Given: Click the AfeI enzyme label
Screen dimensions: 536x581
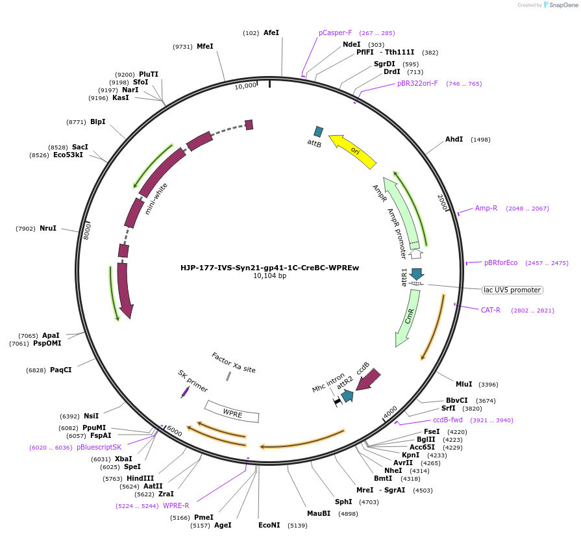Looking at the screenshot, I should pyautogui.click(x=271, y=32).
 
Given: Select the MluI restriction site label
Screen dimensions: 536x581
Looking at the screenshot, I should pyautogui.click(x=464, y=384).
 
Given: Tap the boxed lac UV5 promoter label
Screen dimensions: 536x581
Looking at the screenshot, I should pyautogui.click(x=512, y=290).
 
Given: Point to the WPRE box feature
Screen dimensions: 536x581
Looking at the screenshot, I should pyautogui.click(x=232, y=412).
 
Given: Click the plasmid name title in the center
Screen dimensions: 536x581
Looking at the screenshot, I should pyautogui.click(x=269, y=267).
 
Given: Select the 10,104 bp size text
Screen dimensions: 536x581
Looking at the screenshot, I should pyautogui.click(x=269, y=275).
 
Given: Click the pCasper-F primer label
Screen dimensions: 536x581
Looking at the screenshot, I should pyautogui.click(x=335, y=32).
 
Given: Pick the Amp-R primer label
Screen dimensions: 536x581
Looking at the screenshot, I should pyautogui.click(x=486, y=208).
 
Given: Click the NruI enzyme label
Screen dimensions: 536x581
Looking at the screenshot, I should pyautogui.click(x=48, y=228).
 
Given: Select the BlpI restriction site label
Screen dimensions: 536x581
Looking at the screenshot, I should pyautogui.click(x=98, y=121).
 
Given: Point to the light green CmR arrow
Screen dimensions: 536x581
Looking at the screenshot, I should pyautogui.click(x=407, y=318).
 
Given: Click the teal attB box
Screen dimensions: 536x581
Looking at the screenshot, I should pyautogui.click(x=318, y=132).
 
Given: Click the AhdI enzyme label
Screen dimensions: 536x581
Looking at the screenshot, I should pyautogui.click(x=454, y=139).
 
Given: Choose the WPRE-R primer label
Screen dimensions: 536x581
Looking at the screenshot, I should pyautogui.click(x=176, y=505).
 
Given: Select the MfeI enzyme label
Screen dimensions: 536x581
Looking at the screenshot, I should pyautogui.click(x=205, y=46).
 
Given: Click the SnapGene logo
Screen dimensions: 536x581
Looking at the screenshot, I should pyautogui.click(x=560, y=5).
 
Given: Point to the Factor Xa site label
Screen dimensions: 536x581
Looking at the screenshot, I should pyautogui.click(x=234, y=363).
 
